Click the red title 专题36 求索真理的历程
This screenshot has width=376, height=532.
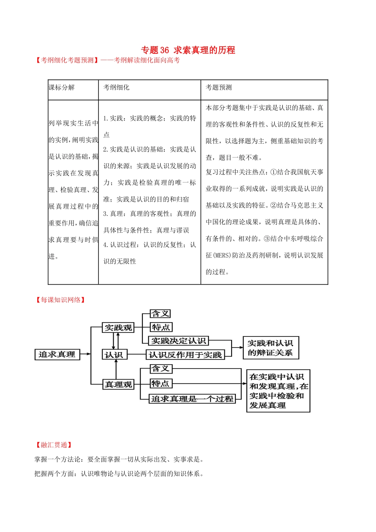click(188, 50)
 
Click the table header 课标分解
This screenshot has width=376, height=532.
click(62, 87)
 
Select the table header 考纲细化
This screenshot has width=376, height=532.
click(116, 87)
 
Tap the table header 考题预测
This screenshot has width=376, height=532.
click(218, 87)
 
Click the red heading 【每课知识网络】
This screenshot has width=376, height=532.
click(60, 300)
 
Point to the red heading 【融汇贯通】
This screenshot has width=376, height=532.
click(54, 445)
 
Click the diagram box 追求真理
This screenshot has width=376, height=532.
click(57, 354)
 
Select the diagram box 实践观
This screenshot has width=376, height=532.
click(118, 328)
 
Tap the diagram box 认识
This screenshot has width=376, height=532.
click(114, 355)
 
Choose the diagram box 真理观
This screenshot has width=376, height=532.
click(118, 384)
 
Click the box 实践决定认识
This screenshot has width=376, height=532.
click(179, 341)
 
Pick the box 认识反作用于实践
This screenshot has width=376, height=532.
click(185, 355)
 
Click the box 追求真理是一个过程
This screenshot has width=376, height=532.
click(192, 399)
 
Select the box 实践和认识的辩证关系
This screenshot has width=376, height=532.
click(270, 348)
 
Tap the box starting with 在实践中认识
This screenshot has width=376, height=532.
click(278, 391)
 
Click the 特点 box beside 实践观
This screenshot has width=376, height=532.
click(161, 327)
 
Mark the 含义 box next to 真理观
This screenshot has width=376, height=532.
click(161, 369)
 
